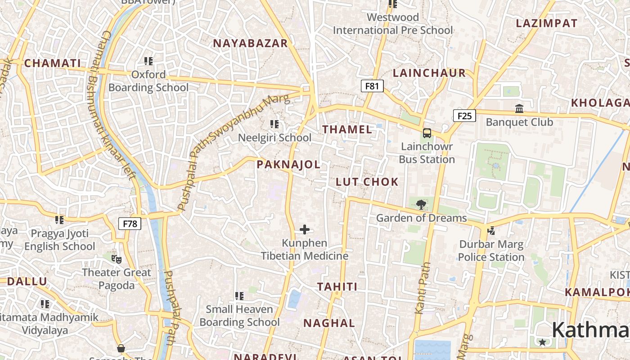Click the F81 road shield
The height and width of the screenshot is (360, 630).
pos(372,85)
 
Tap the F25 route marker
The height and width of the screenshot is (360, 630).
pos(464,116)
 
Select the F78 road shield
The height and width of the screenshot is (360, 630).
pos(130,224)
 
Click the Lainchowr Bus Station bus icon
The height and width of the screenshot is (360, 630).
pos(427,133)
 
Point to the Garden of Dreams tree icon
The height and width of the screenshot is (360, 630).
pos(421,205)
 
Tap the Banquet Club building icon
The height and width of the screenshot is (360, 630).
pos(519,108)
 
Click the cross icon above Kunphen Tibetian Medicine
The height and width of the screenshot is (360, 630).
pos(305,230)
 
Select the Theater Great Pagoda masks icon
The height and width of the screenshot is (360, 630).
pos(117,259)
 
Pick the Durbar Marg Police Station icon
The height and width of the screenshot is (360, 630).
pos(491,231)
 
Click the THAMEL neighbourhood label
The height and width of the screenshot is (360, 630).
pos(347,130)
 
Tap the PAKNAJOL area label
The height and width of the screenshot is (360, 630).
pos(288,165)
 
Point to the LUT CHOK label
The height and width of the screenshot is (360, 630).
pos(367,182)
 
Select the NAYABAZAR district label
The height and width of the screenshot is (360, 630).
pos(250,43)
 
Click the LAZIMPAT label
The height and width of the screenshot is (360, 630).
pos(546,23)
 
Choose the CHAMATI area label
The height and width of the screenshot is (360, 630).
pos(53,63)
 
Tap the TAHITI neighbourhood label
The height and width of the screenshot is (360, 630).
pos(337,287)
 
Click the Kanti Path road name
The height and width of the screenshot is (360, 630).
pos(423,288)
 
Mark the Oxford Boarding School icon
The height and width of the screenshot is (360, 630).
pos(148,61)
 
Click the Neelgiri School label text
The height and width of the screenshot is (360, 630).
pos(274,138)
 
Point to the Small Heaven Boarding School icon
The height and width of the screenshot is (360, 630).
pos(239,296)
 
